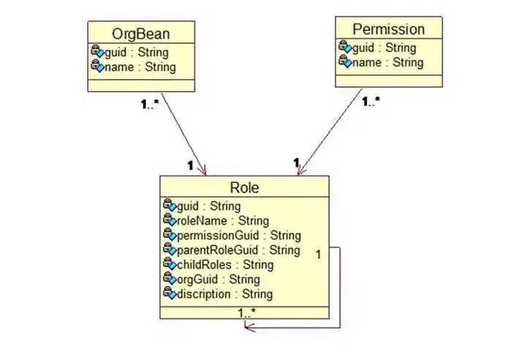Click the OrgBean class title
coord(141,34)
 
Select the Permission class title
coord(388,29)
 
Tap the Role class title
coord(244,187)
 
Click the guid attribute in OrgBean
coord(137,53)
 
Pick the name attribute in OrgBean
coord(140,67)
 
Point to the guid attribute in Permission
coord(384,48)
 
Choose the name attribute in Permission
coord(387,62)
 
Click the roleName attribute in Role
coord(223,221)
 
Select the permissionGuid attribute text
coord(239,236)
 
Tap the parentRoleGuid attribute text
coord(238,250)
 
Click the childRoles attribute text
coord(225,265)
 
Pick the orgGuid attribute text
coord(219,280)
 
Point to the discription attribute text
coord(225,294)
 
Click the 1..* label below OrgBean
coord(150,105)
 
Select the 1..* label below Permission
coord(371,101)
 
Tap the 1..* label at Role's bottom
coord(246,312)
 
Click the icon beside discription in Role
coord(170,293)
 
